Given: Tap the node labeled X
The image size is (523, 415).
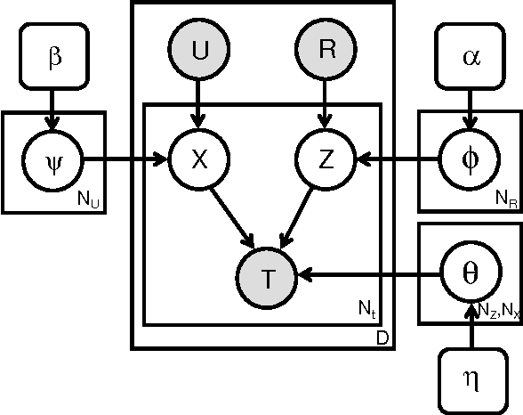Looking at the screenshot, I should pyautogui.click(x=199, y=160).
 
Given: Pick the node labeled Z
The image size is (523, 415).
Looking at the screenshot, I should pyautogui.click(x=326, y=160).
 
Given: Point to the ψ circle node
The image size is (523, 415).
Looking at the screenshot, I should pyautogui.click(x=53, y=160).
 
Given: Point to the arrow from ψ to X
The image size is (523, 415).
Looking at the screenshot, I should pyautogui.click(x=125, y=160).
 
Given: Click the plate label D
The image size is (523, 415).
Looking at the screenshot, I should pyautogui.click(x=381, y=338).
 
